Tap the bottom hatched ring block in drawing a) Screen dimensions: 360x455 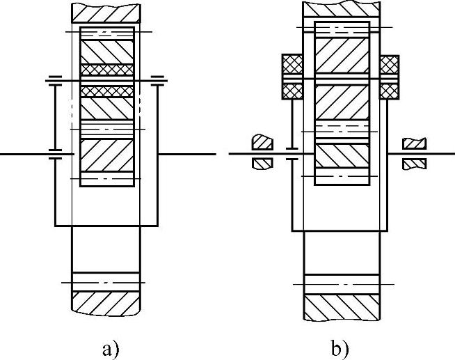point(106,301)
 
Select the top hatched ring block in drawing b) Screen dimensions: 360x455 point(342,9)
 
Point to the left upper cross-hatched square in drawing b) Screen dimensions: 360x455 point(289,65)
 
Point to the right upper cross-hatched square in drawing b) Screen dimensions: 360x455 point(390,65)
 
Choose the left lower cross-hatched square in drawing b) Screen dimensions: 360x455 point(289,91)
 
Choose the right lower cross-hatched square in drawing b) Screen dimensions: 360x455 point(390,91)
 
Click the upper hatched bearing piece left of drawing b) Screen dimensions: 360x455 point(262,141)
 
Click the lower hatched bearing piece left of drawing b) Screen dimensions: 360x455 point(262,164)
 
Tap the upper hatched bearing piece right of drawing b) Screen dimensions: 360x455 point(415,143)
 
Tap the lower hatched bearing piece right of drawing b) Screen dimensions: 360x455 point(415,164)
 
